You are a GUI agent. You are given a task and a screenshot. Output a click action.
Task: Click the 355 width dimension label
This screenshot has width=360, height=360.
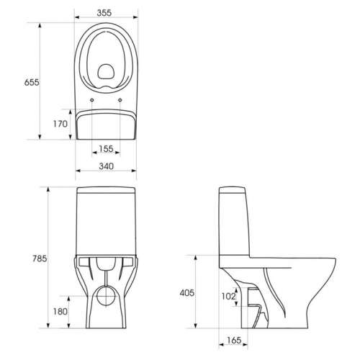coord(104,13)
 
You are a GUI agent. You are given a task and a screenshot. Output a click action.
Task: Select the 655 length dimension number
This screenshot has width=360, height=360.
coord(32,82)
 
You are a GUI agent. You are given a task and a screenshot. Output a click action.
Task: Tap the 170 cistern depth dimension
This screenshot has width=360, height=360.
coord(60,124)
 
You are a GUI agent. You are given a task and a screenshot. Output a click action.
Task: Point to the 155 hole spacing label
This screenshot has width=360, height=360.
coord(106,149)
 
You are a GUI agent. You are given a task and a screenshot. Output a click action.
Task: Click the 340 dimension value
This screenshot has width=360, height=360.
coord(106,166)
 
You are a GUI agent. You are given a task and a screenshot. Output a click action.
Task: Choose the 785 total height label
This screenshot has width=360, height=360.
coord(40,258)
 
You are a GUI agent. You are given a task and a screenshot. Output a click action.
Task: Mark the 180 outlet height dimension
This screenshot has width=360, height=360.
coord(60,312)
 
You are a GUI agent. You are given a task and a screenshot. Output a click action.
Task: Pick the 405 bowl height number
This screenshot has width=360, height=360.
coord(187,293)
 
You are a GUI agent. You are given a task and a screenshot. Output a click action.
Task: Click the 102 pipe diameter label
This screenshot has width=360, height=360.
coord(228,297)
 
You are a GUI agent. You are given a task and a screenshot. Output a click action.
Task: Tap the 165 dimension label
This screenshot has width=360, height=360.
coord(234,340)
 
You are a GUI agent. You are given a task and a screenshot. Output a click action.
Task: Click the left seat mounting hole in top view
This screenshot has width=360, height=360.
coord(92,100)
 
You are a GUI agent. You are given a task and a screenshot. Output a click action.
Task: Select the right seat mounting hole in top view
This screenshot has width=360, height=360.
coord(120,100)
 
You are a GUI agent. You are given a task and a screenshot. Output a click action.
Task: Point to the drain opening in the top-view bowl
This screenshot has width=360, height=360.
coord(106,71)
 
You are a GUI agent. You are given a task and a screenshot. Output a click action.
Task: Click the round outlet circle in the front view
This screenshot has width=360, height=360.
coord(106,296)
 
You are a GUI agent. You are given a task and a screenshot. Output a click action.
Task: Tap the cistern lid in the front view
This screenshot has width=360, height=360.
coord(106,189)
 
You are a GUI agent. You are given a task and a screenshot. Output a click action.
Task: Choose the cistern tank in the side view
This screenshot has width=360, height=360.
coord(235,222)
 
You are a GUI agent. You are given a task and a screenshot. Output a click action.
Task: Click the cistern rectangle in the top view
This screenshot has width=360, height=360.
coord(106,125)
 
